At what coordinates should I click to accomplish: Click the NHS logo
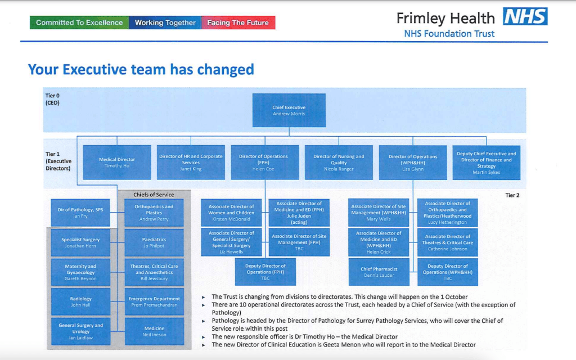pyautogui.click(x=525, y=16)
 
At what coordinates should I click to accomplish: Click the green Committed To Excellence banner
pyautogui.click(x=79, y=22)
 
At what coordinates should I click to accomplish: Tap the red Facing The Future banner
pyautogui.click(x=238, y=22)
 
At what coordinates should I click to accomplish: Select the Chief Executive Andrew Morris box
pyautogui.click(x=289, y=110)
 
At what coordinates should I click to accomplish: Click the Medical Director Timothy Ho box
pyautogui.click(x=117, y=163)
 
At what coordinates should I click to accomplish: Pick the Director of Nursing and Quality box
pyautogui.click(x=339, y=163)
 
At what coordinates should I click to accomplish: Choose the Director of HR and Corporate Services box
pyautogui.click(x=191, y=163)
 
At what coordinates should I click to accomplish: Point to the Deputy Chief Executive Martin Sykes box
pyautogui.click(x=487, y=163)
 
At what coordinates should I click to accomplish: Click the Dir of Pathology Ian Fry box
pyautogui.click(x=80, y=213)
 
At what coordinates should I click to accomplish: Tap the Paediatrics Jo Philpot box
pyautogui.click(x=154, y=242)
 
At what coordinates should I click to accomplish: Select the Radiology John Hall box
pyautogui.click(x=80, y=301)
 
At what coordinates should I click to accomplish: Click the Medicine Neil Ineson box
pyautogui.click(x=154, y=331)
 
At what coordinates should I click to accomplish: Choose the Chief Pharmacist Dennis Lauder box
pyautogui.click(x=379, y=272)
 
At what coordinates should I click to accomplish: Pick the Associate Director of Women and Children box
pyautogui.click(x=231, y=213)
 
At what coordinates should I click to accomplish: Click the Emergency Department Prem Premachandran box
pyautogui.click(x=154, y=301)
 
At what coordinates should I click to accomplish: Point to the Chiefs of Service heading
pyautogui.click(x=154, y=195)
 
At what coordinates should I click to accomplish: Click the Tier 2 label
pyautogui.click(x=512, y=195)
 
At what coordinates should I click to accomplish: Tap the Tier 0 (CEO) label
pyautogui.click(x=52, y=99)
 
